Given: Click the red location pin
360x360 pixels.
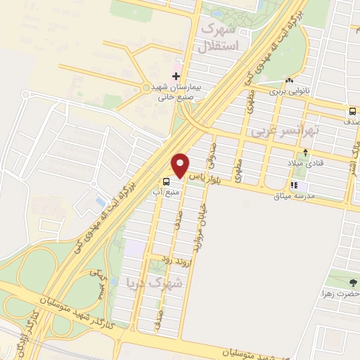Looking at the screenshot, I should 181,164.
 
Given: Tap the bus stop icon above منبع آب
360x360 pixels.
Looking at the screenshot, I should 165,179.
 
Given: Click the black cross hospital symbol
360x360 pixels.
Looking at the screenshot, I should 176,77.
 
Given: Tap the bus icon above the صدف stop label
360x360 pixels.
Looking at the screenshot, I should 352,110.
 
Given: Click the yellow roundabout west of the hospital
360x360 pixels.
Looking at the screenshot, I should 146,88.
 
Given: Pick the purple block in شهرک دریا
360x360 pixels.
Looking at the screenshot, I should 134,247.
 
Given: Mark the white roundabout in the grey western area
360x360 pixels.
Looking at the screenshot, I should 25,94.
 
